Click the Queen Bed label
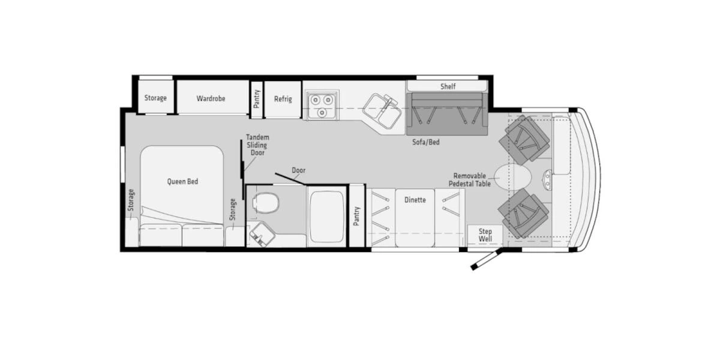(182, 182)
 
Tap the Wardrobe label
(211, 98)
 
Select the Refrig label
(283, 99)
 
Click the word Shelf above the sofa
(448, 86)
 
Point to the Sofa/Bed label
(426, 142)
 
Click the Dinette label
(415, 200)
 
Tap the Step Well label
(485, 235)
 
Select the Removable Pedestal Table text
(470, 180)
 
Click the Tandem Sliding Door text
(257, 145)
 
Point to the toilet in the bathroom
(266, 203)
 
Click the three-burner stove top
(322, 105)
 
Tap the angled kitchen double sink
(383, 111)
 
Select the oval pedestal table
(512, 177)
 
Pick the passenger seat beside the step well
(523, 214)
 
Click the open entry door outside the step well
(487, 259)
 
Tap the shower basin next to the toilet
(327, 217)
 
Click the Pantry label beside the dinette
(356, 216)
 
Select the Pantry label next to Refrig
(257, 99)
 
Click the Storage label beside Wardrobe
(155, 98)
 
